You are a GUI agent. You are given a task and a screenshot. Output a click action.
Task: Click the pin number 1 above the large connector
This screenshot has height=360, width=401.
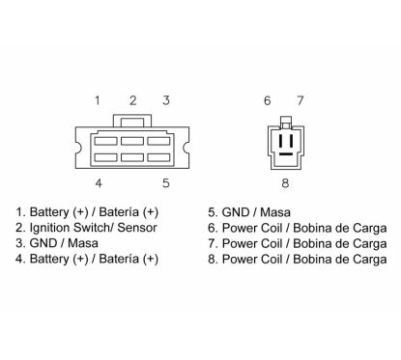click(98, 100)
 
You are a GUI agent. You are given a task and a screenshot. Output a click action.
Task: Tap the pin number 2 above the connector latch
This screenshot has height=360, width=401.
click(133, 100)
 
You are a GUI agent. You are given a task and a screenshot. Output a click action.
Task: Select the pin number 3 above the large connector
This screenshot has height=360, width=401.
click(166, 100)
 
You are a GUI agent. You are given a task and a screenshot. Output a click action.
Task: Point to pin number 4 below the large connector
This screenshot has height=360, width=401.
click(99, 183)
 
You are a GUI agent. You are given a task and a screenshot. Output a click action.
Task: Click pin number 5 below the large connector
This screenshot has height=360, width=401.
click(166, 183)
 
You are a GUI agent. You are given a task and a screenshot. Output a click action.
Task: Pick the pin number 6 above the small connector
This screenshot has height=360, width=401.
click(268, 100)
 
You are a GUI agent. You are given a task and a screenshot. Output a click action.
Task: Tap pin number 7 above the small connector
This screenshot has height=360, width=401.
click(301, 100)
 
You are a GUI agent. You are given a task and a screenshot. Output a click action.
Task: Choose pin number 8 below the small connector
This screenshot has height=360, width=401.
click(285, 183)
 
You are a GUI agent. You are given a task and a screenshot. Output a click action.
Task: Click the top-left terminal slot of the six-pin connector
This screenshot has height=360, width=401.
click(105, 141)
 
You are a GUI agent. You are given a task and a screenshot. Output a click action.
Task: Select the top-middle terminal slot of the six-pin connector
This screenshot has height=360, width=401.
click(132, 141)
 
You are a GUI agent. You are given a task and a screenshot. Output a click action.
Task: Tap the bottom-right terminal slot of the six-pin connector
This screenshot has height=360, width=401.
click(158, 157)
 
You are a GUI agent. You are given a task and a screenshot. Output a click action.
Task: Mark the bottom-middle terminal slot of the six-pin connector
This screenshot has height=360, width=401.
click(132, 157)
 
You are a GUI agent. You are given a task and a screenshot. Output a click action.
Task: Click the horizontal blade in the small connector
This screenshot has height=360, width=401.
click(286, 154)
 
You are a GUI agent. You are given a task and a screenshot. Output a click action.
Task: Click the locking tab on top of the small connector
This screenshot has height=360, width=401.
click(286, 122)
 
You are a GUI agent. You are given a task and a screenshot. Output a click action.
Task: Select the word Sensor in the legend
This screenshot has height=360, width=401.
click(137, 228)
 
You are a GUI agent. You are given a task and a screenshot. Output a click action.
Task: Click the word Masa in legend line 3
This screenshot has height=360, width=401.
click(83, 243)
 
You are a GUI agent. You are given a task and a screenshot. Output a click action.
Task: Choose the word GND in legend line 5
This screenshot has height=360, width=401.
click(235, 212)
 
